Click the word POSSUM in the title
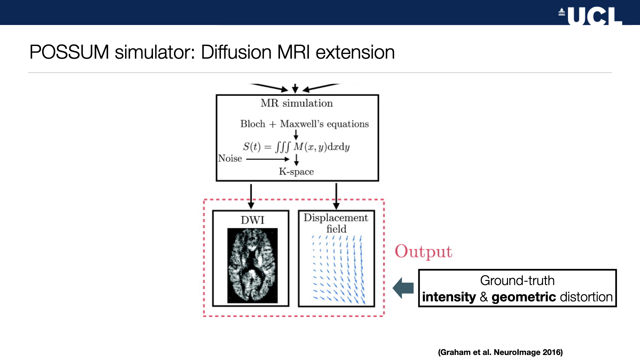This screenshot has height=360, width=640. [69, 52]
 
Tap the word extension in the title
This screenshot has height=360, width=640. [355, 52]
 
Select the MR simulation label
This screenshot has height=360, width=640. [297, 103]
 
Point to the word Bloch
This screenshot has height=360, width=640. [253, 124]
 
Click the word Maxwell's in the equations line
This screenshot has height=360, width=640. [302, 124]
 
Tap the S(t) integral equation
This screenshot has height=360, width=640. [296, 147]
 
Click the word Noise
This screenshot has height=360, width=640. [230, 158]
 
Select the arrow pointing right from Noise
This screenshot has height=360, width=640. [268, 159]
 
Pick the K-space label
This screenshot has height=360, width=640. [296, 172]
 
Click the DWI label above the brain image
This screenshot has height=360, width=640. [252, 220]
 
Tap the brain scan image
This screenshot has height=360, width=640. [252, 266]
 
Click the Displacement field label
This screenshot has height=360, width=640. [336, 223]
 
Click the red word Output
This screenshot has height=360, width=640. [423, 252]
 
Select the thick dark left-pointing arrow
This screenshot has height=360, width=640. [403, 288]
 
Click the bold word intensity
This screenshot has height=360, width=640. [449, 297]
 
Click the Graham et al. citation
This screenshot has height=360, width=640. [500, 352]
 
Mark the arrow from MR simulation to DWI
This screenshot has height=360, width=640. [251, 196]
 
